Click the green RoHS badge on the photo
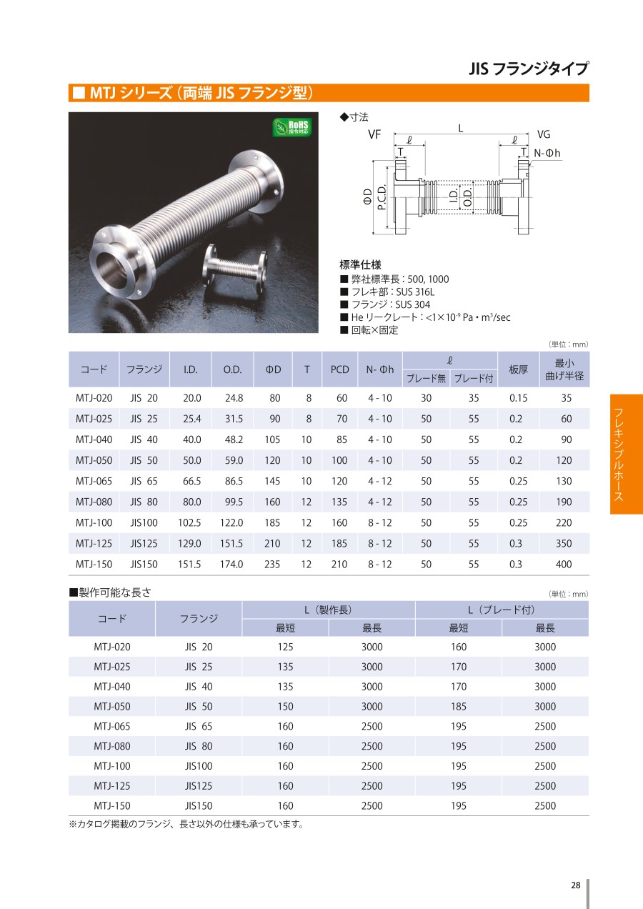[x=292, y=127]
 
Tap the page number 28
[x=575, y=885]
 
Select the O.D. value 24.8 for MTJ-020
[x=234, y=397]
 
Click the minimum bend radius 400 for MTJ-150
[x=564, y=564]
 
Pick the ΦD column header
[x=273, y=369]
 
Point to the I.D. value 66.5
[x=192, y=481]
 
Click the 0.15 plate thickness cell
[x=519, y=397]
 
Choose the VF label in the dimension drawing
[x=374, y=134]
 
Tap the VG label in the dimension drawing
[x=544, y=134]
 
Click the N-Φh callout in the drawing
[x=547, y=153]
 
